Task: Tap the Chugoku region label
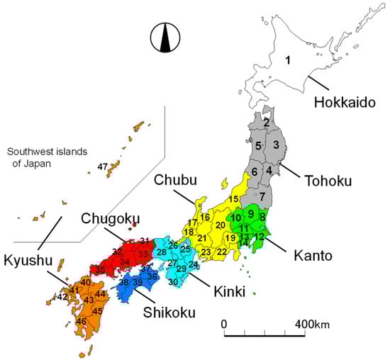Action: click(x=110, y=218)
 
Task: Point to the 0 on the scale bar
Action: click(x=224, y=324)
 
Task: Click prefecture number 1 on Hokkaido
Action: click(x=287, y=60)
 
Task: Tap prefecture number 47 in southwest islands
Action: click(x=103, y=167)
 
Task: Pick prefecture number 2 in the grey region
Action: click(x=266, y=122)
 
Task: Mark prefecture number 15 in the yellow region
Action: click(x=235, y=199)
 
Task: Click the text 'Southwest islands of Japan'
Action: click(x=42, y=157)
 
